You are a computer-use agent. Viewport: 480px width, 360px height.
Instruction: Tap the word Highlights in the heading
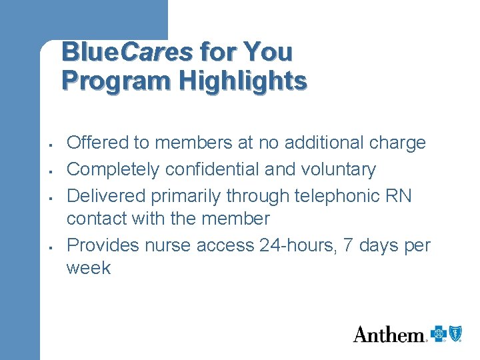click(x=243, y=81)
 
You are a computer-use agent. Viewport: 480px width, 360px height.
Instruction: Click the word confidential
click(x=213, y=169)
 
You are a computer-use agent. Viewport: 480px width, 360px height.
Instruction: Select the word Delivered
click(x=107, y=196)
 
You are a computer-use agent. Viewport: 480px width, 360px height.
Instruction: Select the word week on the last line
click(x=89, y=268)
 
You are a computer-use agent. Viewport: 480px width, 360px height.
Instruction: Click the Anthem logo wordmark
click(x=389, y=334)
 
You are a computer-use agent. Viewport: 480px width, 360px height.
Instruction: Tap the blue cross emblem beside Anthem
click(x=438, y=333)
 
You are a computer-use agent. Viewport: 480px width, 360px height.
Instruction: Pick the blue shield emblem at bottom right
click(x=455, y=333)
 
